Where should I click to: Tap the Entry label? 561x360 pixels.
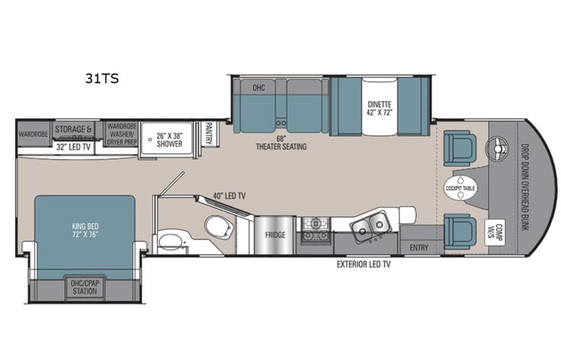(419, 247)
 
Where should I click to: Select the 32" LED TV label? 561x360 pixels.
(74, 145)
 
